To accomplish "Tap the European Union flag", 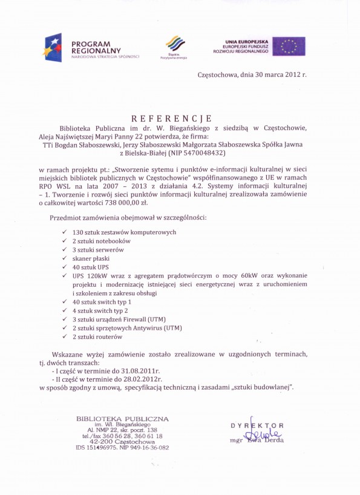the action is [x=288, y=47].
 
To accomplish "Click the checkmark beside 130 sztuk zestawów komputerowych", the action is [x=64, y=232].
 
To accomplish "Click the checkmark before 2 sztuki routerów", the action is [x=64, y=336].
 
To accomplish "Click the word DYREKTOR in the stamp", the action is [x=257, y=426].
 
